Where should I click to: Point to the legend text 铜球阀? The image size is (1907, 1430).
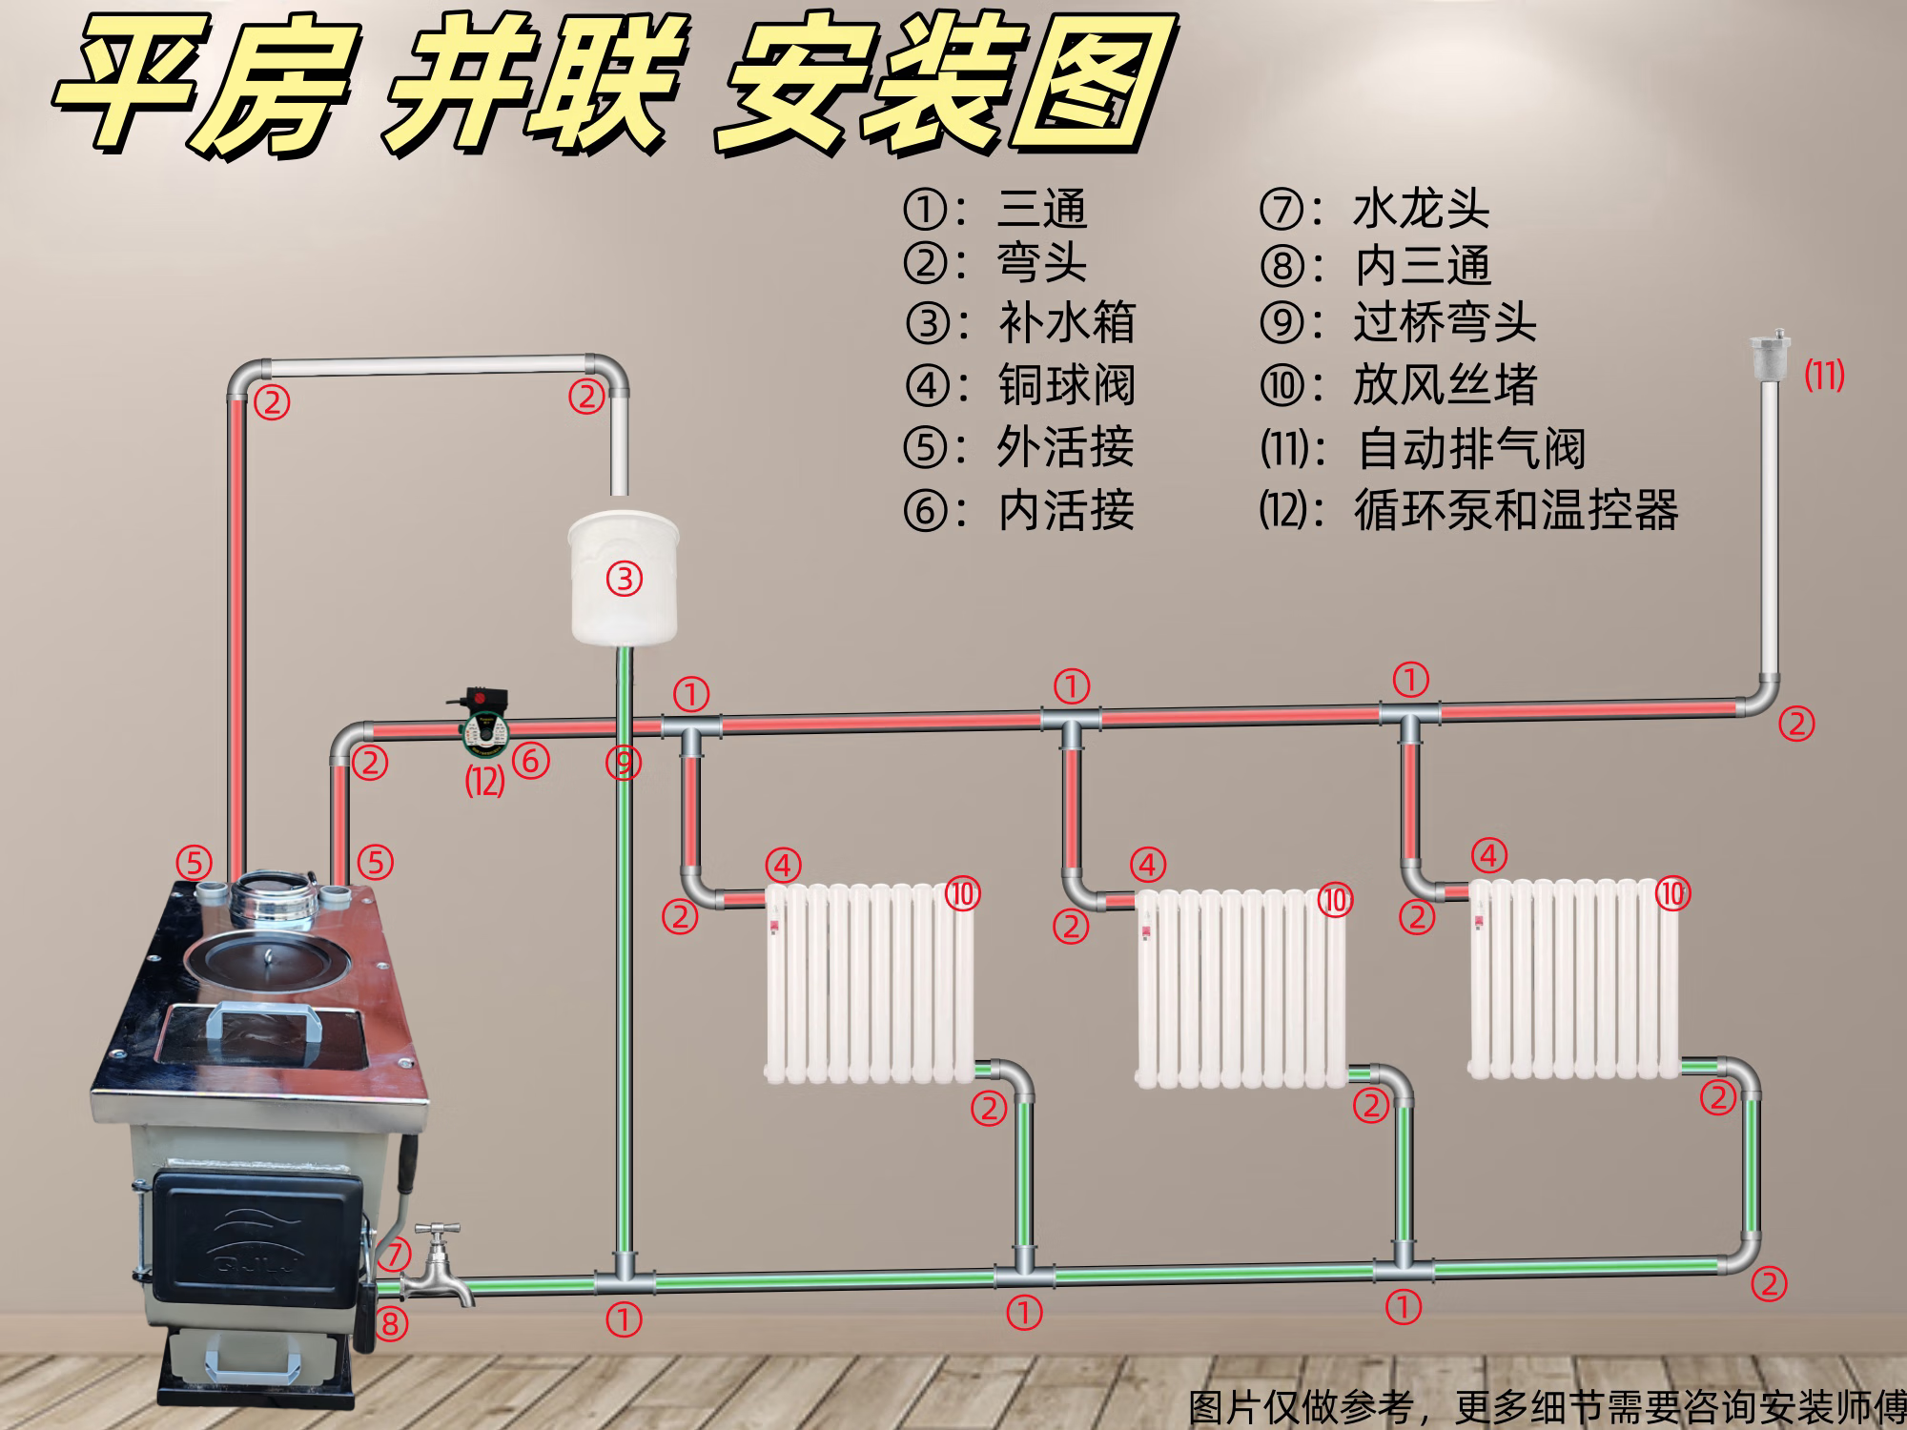coord(1066,385)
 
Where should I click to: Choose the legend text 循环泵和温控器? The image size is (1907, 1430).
coord(1515,510)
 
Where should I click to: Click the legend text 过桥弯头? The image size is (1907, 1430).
coord(1445,323)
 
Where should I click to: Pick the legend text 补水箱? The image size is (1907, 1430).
coord(1066,323)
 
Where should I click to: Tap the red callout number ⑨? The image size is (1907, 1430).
coord(624,763)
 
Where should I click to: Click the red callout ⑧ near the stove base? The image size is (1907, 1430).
coord(391,1323)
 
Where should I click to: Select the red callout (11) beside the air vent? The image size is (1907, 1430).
coord(1824,376)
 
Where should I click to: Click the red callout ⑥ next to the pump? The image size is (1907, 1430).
coord(530,761)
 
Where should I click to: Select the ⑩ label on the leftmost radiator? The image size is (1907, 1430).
coord(963,894)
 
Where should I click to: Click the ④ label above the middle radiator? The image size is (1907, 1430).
coord(1148,865)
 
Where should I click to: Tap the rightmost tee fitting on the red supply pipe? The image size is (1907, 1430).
coord(1410,714)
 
